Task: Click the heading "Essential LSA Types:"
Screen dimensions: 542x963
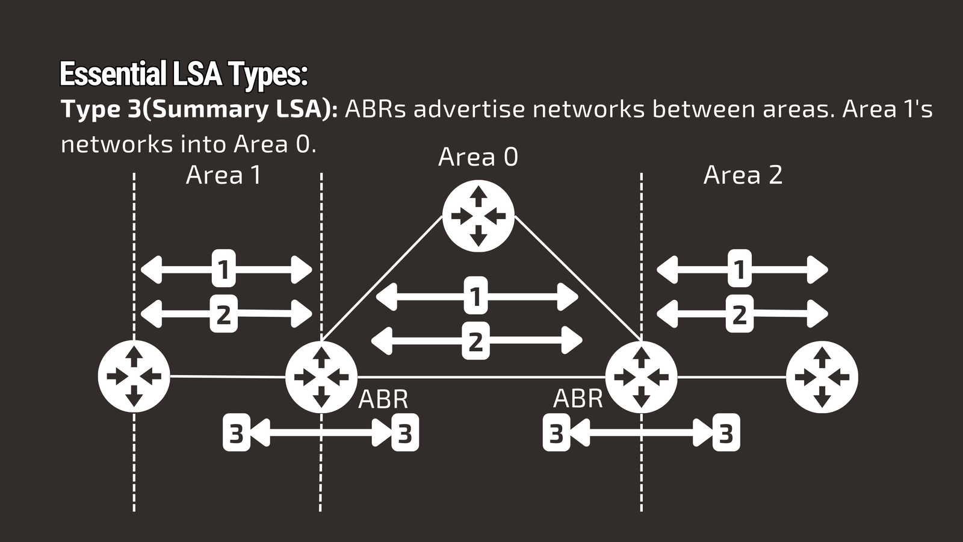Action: click(x=184, y=75)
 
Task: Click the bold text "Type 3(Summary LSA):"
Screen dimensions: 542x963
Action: click(x=199, y=110)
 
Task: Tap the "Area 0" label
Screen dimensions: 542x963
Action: click(x=478, y=157)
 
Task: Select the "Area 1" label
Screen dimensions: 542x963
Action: click(x=223, y=175)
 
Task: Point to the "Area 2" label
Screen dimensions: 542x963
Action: click(x=743, y=175)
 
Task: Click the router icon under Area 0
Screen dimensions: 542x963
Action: click(x=478, y=216)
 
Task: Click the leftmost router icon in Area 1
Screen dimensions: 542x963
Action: click(x=134, y=376)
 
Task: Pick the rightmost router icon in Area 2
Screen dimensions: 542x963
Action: click(x=822, y=376)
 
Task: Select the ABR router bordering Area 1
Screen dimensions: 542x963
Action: click(x=321, y=376)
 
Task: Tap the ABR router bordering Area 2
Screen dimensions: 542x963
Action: click(x=641, y=376)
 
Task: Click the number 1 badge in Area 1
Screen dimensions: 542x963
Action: click(x=223, y=269)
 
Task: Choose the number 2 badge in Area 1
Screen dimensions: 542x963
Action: click(x=223, y=314)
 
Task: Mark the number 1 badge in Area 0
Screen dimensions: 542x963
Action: click(x=475, y=296)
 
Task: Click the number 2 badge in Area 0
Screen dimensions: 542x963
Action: click(x=475, y=341)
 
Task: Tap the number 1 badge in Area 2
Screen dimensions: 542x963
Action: click(x=739, y=269)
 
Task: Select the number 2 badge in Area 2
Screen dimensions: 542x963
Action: click(x=739, y=314)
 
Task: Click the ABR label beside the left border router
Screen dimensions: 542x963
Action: click(x=383, y=399)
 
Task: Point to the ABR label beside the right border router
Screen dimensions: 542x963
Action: click(x=577, y=399)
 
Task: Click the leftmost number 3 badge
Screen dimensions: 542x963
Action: click(x=236, y=433)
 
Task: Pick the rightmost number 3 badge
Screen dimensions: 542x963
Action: click(x=726, y=433)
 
